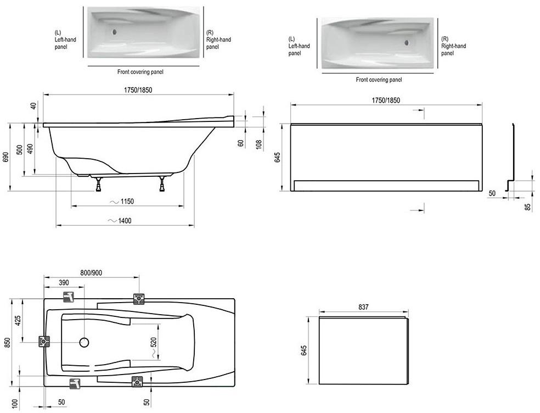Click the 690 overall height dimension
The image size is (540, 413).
coord(5,157)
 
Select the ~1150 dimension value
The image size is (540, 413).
coord(122,202)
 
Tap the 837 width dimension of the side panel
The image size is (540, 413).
coord(363,306)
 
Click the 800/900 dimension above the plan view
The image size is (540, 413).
coord(91,273)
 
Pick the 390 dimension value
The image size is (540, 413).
coord(64,283)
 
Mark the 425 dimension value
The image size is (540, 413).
coord(18,320)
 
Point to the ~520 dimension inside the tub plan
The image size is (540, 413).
coord(154,346)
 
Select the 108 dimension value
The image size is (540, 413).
coord(259,143)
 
